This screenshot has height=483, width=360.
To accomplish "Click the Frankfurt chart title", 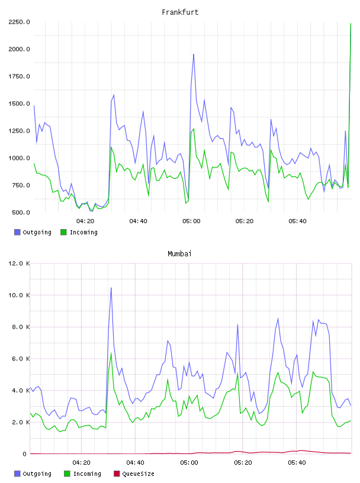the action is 180,12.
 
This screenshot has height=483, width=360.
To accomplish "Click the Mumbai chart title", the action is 179,254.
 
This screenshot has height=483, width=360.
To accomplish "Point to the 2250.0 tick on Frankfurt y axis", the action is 19,22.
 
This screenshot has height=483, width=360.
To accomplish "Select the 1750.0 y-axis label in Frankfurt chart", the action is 19,76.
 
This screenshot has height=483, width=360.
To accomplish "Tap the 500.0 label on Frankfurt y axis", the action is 21,212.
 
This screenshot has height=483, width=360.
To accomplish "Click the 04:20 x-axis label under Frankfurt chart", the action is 85,221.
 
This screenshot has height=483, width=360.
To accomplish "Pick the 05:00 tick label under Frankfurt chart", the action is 191,221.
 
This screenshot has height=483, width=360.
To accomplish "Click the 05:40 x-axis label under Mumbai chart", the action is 297,463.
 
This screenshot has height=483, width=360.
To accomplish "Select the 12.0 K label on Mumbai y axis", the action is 19,263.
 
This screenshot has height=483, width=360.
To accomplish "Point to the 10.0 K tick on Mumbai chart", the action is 19,295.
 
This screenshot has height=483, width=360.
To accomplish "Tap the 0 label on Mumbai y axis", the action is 24,454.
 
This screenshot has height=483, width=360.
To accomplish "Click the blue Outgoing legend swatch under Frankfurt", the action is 17,232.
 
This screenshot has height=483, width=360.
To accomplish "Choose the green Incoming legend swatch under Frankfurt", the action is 63,232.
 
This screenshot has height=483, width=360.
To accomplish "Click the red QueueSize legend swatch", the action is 117,474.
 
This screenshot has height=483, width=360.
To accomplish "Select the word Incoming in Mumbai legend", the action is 87,474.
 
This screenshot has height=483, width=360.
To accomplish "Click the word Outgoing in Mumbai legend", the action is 37,474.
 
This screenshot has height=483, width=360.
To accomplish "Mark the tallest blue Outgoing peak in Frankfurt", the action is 194,54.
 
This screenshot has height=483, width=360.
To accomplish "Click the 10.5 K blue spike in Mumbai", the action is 111,288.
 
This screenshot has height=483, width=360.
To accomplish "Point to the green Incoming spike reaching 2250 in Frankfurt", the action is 351,24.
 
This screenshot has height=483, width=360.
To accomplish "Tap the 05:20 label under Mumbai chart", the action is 243,463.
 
